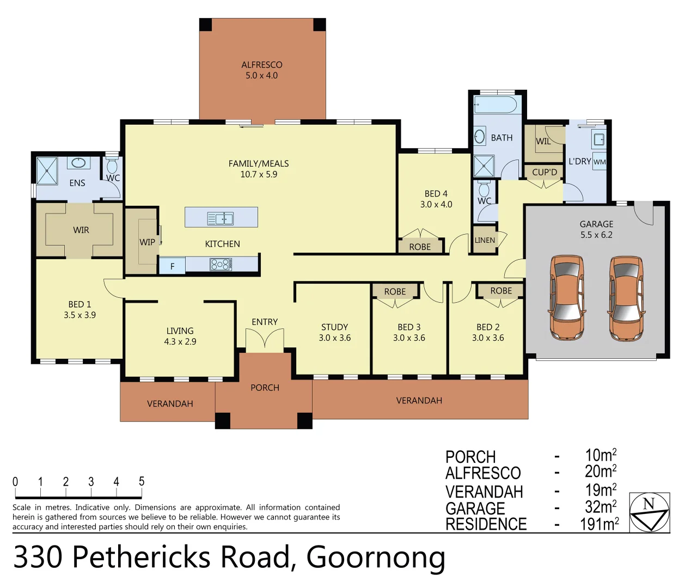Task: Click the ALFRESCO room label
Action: tap(261, 70)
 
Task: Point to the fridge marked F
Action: tap(172, 266)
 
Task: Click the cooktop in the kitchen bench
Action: tap(221, 265)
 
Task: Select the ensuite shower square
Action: tap(47, 170)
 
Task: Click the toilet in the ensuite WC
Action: tap(112, 166)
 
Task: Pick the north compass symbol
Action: tap(649, 512)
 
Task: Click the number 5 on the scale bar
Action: tap(142, 481)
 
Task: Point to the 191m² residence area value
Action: tap(599, 524)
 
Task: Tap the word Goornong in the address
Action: tap(376, 557)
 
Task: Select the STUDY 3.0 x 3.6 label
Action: tap(334, 332)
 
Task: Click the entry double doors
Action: tap(265, 339)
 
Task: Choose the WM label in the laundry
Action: tap(600, 162)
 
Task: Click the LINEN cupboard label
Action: tap(485, 240)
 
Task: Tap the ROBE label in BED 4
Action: tap(420, 247)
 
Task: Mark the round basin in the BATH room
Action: tap(480, 136)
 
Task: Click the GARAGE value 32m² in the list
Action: tap(600, 507)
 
